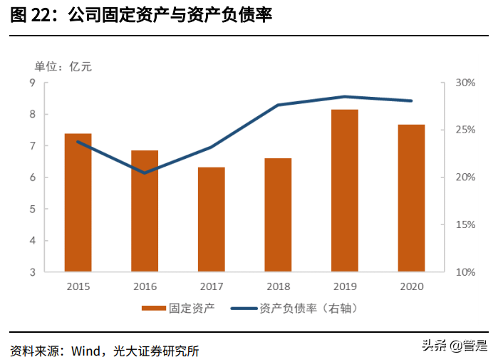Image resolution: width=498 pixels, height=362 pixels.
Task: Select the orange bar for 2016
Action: pos(145,211)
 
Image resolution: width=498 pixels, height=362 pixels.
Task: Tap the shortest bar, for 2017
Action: pos(212,219)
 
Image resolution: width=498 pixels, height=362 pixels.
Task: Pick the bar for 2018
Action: pos(278,214)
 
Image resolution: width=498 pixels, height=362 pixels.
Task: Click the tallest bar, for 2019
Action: pos(345,190)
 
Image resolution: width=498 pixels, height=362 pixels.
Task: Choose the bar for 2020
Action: pos(411,198)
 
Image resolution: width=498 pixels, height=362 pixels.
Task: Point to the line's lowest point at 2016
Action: pos(145,172)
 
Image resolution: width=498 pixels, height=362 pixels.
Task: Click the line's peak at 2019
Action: pos(345,96)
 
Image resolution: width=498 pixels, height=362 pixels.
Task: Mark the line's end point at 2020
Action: pos(411,100)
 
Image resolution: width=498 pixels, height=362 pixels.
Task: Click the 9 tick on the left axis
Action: pos(32,83)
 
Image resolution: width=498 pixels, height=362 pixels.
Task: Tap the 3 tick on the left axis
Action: pos(32,272)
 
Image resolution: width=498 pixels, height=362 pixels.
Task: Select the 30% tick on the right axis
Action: pos(465,83)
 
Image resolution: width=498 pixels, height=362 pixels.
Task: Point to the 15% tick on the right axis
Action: pos(465,224)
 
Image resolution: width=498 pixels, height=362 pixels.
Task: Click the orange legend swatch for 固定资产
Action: pos(152,309)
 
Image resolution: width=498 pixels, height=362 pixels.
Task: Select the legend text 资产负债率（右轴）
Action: pos(307,309)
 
